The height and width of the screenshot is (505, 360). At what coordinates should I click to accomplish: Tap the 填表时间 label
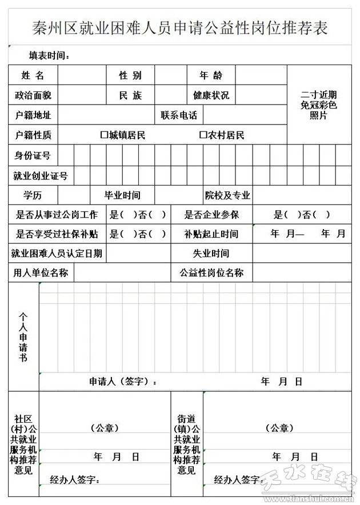pos(50,55)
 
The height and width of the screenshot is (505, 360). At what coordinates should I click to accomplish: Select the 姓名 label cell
pos(33,75)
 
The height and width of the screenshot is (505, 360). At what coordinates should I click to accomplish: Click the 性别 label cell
pos(130,75)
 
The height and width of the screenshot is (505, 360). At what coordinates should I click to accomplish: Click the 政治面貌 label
pos(33,95)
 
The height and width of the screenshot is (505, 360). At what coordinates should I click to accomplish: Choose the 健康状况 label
pos(211,95)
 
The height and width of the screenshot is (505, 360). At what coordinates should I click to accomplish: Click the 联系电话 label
pos(179,115)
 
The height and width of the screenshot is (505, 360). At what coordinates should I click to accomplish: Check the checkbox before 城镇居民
pos(104,135)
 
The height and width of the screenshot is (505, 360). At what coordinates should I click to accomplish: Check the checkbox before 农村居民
pos(203,135)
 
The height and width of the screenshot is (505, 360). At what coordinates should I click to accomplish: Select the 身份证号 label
pos(33,155)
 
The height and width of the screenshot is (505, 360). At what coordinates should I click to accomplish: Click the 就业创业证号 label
pos(41,176)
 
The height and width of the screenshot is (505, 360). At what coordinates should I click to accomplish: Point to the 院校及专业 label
pos(228,195)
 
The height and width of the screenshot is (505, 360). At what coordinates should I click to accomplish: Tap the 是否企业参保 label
pos(211,215)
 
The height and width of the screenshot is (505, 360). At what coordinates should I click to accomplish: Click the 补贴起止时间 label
pos(211,234)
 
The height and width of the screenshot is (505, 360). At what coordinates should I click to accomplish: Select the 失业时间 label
pos(211,254)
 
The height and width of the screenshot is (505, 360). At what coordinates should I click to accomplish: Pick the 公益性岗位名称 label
pos(211,273)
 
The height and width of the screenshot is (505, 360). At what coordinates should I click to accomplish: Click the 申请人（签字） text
pos(123,382)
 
